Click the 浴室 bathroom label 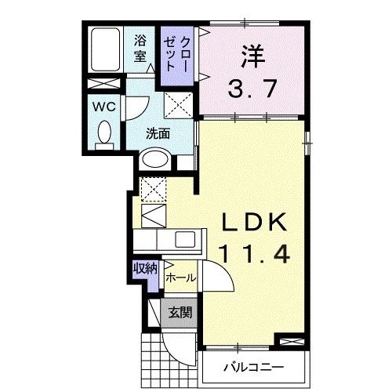point(140,48)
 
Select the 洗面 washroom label point(158,133)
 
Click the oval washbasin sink point(155,160)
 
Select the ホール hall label point(180,276)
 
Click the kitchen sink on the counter point(187,240)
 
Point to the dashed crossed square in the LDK point(153,188)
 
